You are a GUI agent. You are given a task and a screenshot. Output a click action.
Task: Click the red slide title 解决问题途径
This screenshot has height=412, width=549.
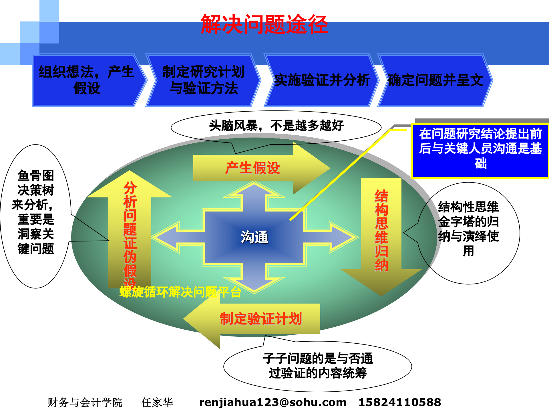[x=264, y=24]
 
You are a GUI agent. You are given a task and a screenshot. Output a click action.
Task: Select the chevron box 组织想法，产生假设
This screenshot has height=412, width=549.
[x=86, y=80]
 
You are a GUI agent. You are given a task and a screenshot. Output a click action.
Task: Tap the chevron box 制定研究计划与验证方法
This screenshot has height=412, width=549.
[x=203, y=80]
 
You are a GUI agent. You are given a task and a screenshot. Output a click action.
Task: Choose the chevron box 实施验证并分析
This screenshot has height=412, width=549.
[x=322, y=80]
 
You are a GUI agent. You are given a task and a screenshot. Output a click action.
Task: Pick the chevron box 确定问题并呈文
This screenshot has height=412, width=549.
[x=435, y=80]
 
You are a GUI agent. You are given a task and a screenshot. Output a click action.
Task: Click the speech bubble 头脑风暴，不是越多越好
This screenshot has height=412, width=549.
[x=276, y=126]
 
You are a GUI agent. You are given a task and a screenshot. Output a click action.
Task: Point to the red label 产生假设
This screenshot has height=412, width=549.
[x=252, y=168]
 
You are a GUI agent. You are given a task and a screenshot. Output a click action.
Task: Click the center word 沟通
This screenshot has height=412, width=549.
[x=254, y=237]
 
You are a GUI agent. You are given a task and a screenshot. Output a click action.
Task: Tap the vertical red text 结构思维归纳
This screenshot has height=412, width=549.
[x=381, y=230]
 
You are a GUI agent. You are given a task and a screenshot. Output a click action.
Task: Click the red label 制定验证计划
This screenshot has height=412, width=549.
[x=260, y=319]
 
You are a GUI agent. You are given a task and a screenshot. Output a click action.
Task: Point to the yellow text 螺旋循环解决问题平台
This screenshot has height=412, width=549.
[x=180, y=292]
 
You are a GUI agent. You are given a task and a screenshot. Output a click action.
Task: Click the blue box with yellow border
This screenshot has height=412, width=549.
[x=480, y=151]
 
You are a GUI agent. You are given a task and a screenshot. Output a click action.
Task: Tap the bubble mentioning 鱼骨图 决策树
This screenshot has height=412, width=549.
[x=36, y=212]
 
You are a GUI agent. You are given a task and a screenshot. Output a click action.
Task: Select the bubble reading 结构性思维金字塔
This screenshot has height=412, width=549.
[x=468, y=229]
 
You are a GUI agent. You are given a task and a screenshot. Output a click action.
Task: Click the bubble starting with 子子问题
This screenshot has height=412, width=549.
[x=318, y=366]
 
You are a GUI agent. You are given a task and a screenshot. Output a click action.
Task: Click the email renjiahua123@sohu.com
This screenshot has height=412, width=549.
[x=272, y=402]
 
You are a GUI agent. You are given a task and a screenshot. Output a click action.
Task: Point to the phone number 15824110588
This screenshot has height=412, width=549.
[x=399, y=402]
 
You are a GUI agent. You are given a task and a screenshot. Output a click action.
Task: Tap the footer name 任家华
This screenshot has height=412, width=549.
[x=157, y=402]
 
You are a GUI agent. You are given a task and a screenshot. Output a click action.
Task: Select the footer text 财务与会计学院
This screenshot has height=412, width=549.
[x=85, y=402]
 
